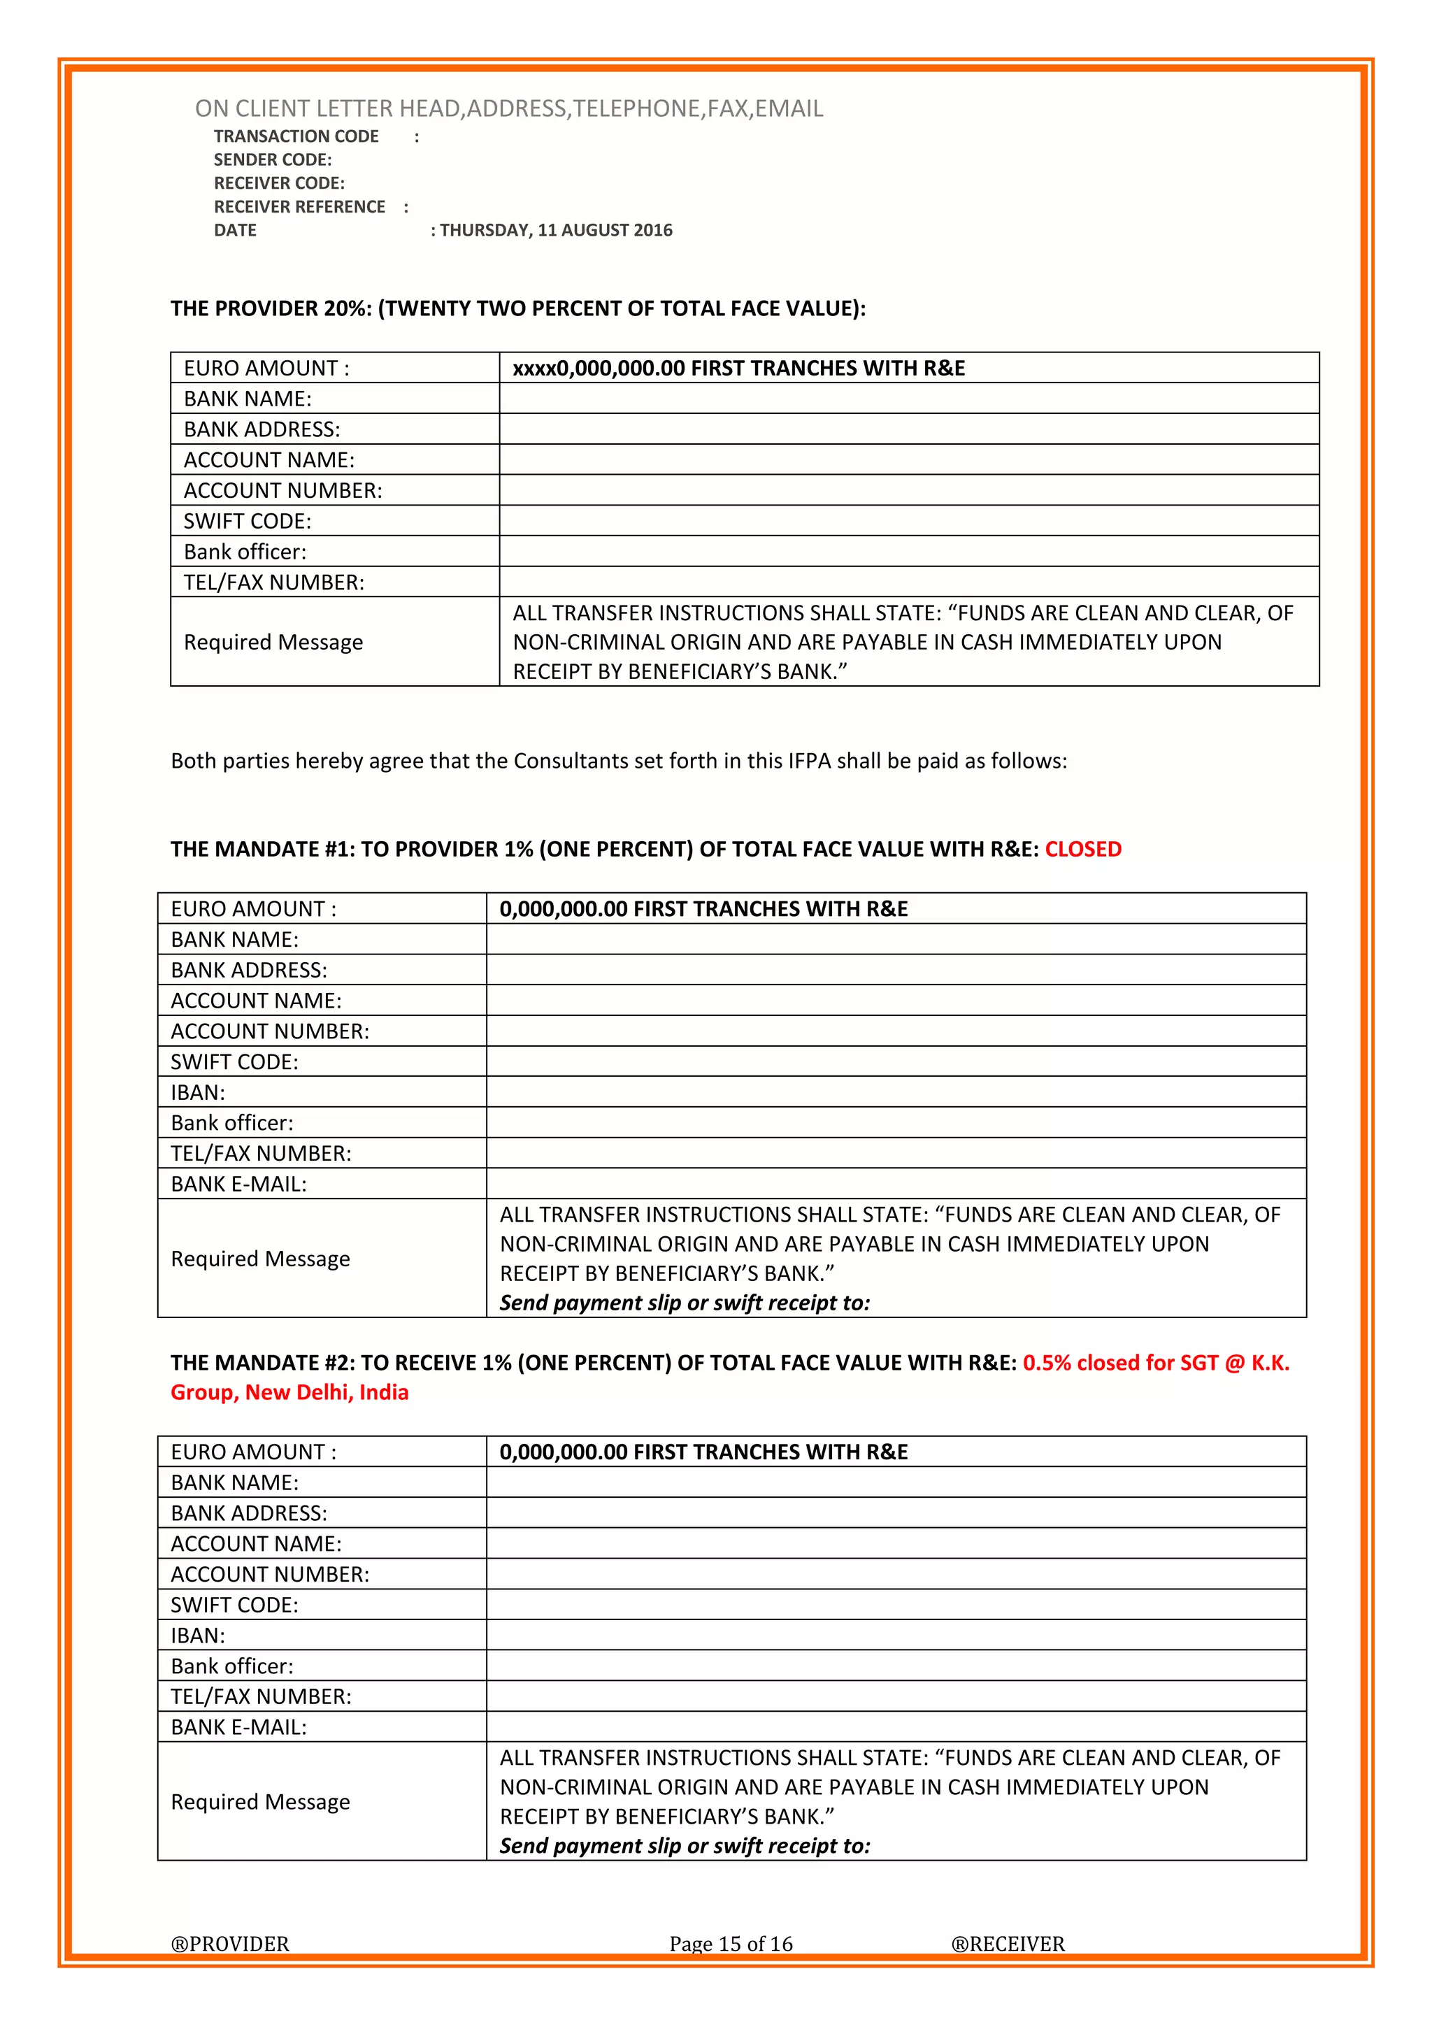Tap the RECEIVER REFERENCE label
(300, 206)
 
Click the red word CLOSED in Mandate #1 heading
(1083, 850)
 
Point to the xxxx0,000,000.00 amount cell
(738, 368)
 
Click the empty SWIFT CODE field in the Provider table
(908, 520)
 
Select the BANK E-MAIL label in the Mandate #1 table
(239, 1184)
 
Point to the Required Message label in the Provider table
(273, 642)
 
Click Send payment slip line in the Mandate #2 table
(685, 1845)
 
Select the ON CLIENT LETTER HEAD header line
(509, 108)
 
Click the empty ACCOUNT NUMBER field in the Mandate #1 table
(895, 1031)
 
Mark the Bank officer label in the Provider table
(245, 551)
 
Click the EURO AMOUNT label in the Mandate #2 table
(254, 1452)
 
